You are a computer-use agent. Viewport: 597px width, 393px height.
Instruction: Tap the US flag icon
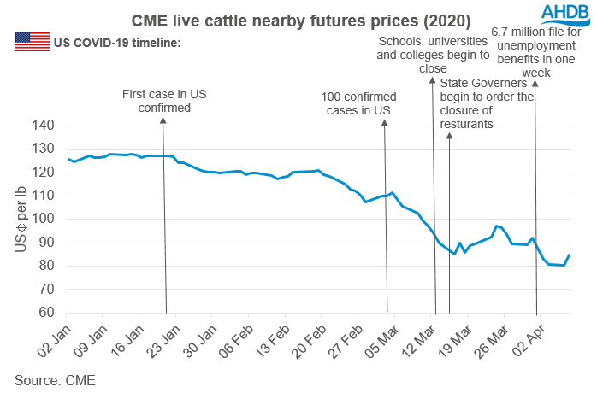33,42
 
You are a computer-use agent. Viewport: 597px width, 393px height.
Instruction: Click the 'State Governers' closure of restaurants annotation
486,103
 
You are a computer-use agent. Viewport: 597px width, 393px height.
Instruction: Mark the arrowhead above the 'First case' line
163,119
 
